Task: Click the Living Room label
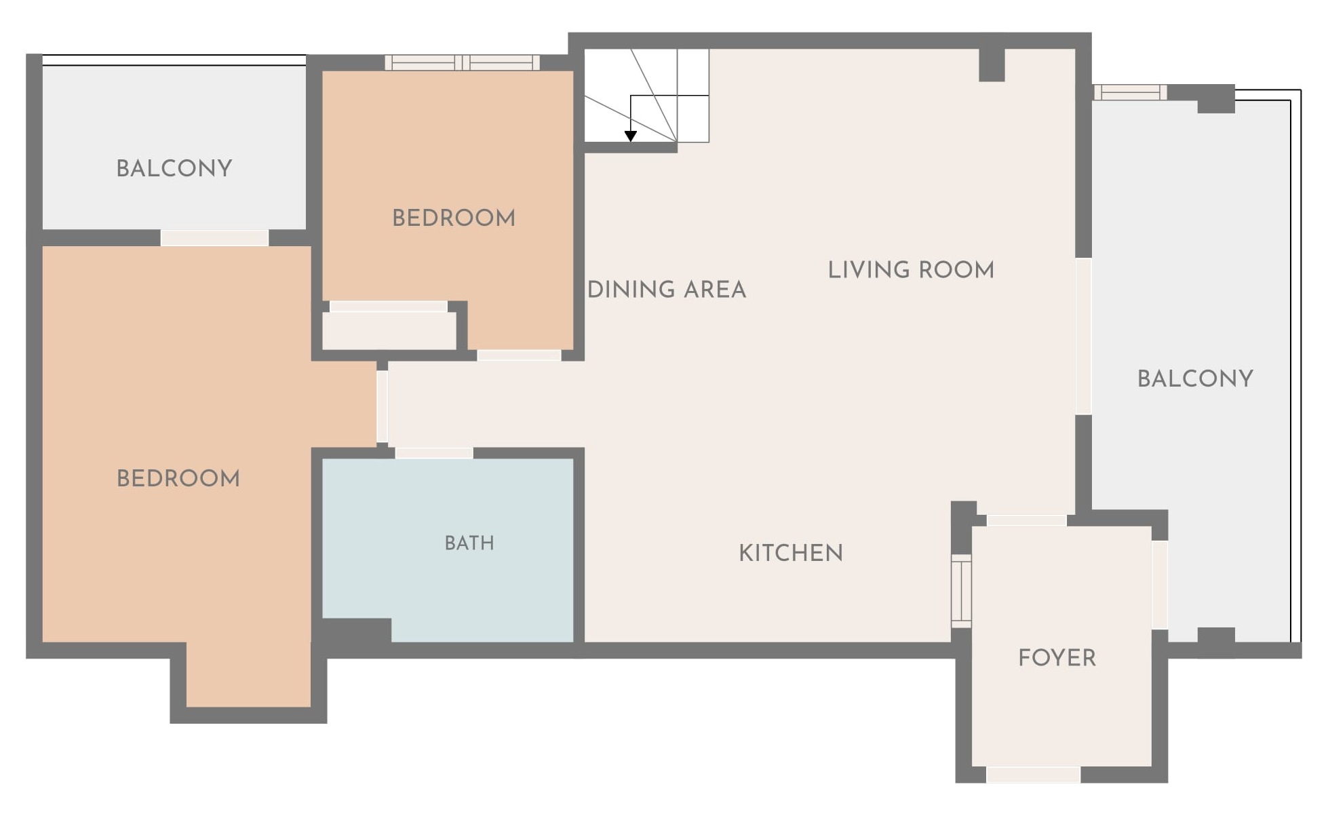(911, 270)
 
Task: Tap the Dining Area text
(667, 290)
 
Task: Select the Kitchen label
(791, 553)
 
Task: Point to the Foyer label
(1057, 658)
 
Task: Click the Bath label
(469, 543)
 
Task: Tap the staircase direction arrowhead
(631, 136)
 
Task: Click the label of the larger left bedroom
(178, 478)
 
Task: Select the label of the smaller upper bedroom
(454, 218)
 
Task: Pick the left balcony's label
(174, 168)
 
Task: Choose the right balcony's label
(1195, 378)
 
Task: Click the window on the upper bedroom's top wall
(463, 63)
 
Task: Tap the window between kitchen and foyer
(961, 590)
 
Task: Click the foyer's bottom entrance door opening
(1033, 775)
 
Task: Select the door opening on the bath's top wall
(434, 452)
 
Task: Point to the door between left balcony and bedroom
(214, 238)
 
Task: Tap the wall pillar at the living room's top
(992, 65)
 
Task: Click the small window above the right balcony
(1130, 92)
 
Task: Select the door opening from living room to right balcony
(1084, 336)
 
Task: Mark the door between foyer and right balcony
(1160, 585)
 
